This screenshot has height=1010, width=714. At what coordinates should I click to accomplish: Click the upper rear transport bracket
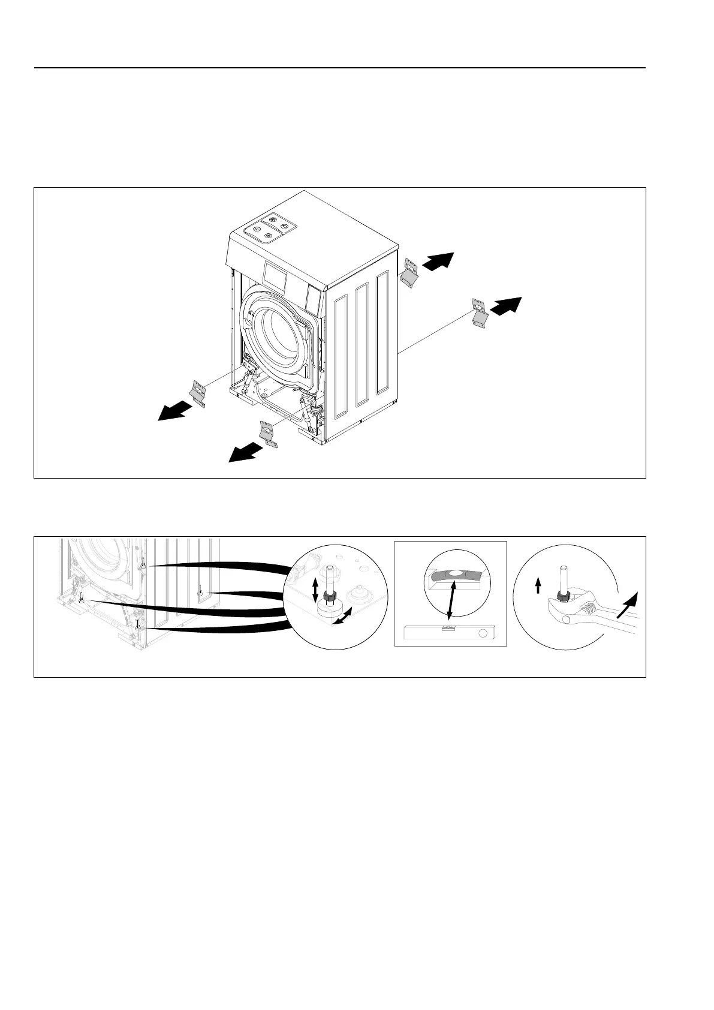(x=410, y=273)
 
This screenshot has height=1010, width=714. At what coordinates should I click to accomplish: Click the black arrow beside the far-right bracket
(x=506, y=305)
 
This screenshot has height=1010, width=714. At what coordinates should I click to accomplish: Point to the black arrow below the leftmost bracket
(x=174, y=411)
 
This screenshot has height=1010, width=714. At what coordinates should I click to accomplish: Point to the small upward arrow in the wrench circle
(x=538, y=585)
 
